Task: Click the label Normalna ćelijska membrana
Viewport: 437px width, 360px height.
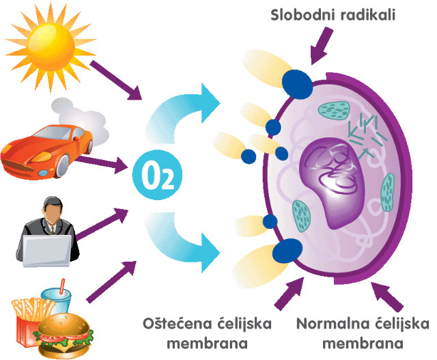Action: click(362, 332)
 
